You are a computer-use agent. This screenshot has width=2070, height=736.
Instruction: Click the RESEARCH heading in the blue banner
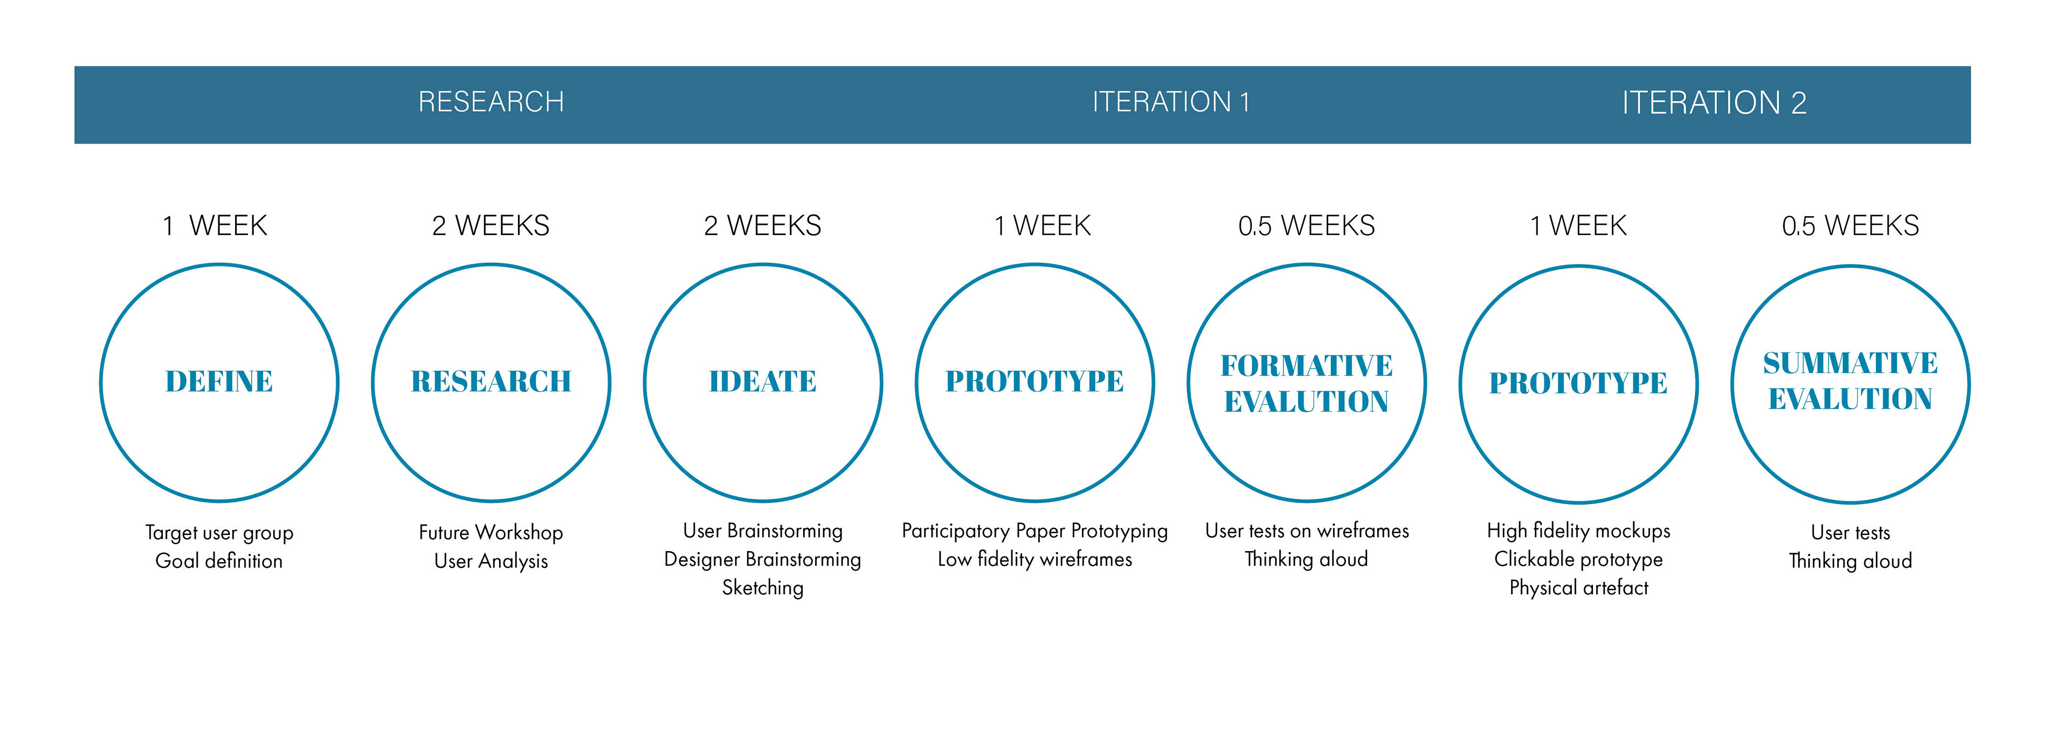point(491,102)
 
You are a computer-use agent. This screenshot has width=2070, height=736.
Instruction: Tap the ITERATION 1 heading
point(1171,102)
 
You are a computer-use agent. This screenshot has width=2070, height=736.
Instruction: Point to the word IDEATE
point(763,381)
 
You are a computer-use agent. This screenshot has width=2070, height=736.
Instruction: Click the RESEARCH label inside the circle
point(491,381)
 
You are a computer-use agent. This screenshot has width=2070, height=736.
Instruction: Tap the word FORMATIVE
point(1307,366)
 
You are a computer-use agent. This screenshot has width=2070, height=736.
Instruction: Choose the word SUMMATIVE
point(1851,363)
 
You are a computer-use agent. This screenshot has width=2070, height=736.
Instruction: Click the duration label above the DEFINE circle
point(215,226)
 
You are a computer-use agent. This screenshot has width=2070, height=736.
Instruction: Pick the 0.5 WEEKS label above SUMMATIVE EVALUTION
point(1851,226)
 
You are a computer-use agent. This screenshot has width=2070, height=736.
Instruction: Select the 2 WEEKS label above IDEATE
point(763,226)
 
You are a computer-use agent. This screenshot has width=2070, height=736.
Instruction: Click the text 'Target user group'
point(219,533)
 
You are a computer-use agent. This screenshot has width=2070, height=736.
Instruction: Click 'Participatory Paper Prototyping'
point(1035,531)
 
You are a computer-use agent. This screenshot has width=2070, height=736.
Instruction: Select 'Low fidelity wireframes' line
point(1035,559)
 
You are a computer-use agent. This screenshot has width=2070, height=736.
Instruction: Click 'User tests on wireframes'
point(1307,531)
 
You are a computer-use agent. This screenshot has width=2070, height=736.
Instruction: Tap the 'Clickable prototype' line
point(1578,559)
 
